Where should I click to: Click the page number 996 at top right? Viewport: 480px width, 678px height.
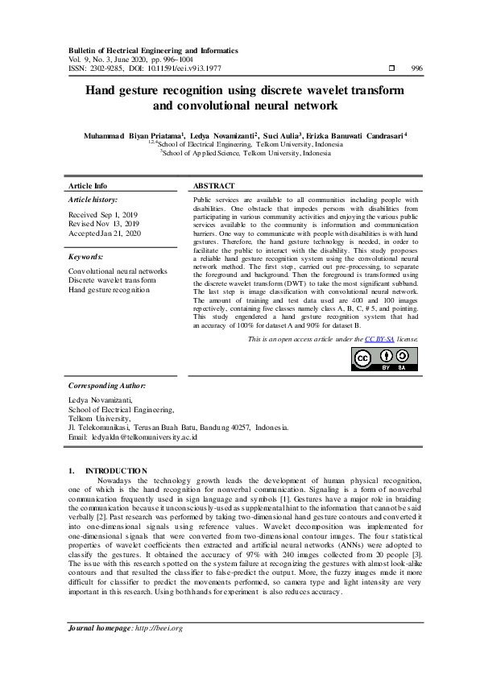(x=416, y=68)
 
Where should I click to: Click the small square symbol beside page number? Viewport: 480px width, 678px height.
(x=391, y=68)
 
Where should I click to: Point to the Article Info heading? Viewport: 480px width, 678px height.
(x=88, y=185)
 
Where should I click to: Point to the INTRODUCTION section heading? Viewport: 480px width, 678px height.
(x=116, y=470)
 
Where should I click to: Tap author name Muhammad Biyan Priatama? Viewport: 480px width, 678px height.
(x=133, y=137)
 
